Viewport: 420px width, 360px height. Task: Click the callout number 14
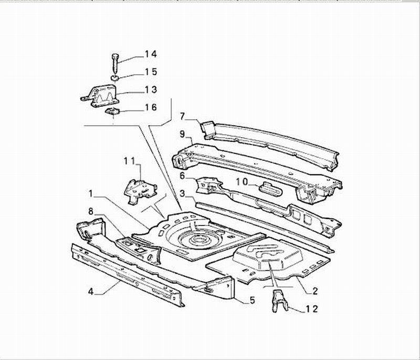[151, 55]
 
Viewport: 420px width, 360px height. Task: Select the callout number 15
[151, 72]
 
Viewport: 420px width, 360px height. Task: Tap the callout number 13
[151, 89]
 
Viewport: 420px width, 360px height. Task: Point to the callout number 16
[151, 107]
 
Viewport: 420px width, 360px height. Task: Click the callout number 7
[182, 116]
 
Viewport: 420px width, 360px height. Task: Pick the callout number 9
[182, 134]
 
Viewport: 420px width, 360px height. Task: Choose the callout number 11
[130, 161]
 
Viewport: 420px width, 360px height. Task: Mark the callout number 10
[242, 182]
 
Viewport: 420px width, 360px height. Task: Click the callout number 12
[312, 309]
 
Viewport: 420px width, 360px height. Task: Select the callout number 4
[91, 291]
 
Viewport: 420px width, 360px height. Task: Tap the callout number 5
[252, 300]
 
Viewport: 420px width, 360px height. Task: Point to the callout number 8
[91, 211]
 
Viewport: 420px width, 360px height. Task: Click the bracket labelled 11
[140, 191]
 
